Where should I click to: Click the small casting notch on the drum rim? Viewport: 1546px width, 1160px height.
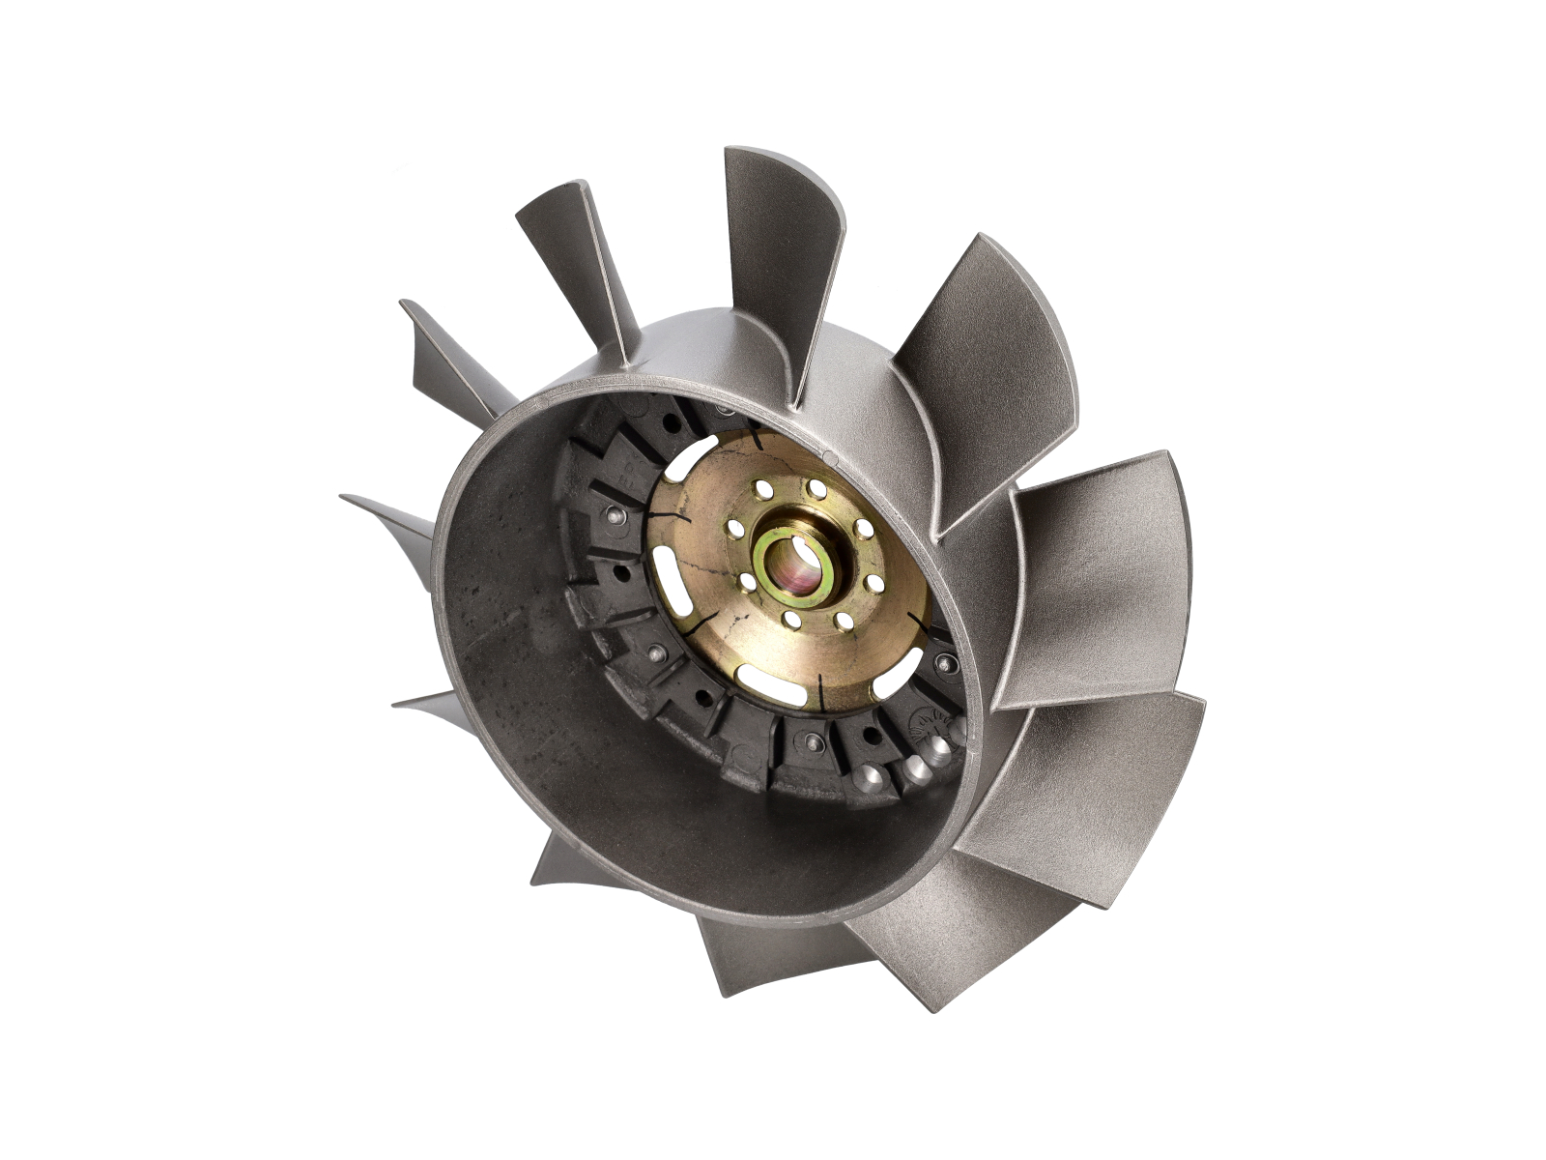[828, 453]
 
